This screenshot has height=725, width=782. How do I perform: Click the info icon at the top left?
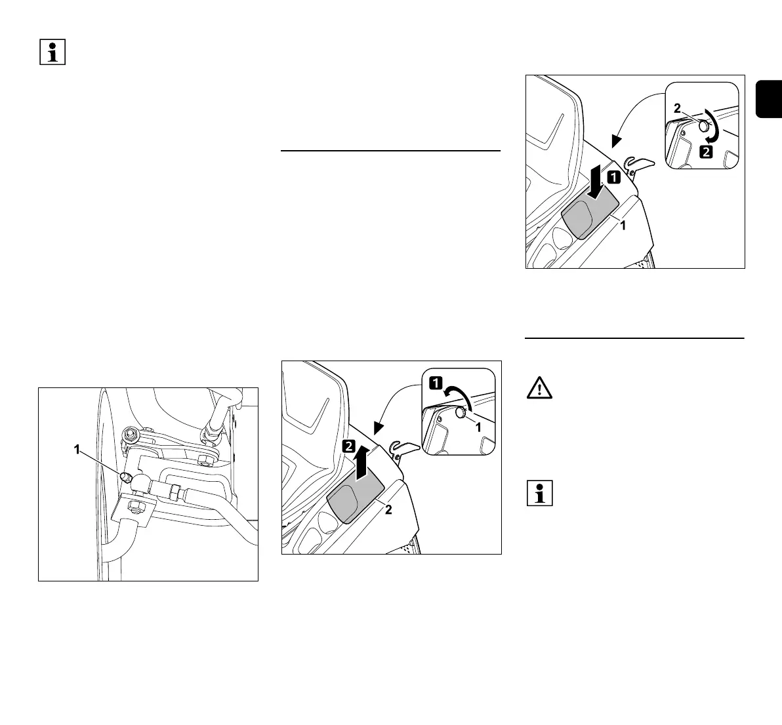pyautogui.click(x=54, y=52)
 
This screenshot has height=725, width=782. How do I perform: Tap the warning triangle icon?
pyautogui.click(x=539, y=389)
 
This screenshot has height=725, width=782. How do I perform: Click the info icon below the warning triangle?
pyautogui.click(x=539, y=493)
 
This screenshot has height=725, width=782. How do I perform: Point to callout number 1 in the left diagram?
pyautogui.click(x=76, y=450)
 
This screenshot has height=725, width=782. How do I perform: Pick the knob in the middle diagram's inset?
pyautogui.click(x=460, y=412)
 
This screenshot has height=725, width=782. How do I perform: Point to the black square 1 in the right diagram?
pyautogui.click(x=612, y=176)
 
